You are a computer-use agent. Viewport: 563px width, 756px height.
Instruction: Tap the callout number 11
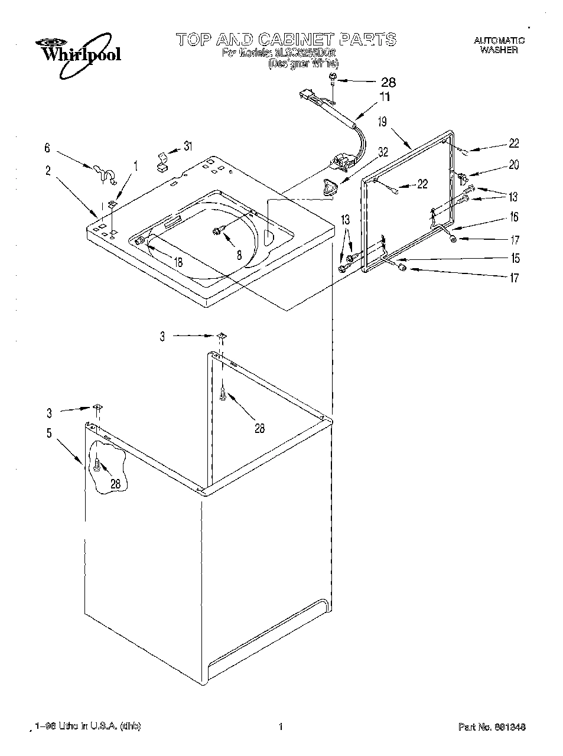point(385,97)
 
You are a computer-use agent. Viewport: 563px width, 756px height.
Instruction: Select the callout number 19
point(382,122)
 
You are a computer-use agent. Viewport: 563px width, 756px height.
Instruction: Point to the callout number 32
point(383,152)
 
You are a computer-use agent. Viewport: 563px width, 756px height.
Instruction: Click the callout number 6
point(48,149)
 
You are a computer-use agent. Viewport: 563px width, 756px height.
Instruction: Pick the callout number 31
point(188,145)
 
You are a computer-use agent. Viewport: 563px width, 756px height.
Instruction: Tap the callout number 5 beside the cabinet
point(48,433)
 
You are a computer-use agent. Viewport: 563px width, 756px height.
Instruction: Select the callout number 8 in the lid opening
point(239,256)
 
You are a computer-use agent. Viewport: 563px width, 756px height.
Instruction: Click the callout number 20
point(513,165)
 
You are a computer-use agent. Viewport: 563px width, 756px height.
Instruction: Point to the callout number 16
point(513,217)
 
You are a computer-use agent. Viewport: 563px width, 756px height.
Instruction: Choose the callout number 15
point(515,258)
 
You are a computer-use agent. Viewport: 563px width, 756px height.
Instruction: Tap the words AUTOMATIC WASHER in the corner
point(499,45)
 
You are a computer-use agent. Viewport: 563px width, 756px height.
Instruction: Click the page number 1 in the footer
point(281,726)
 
